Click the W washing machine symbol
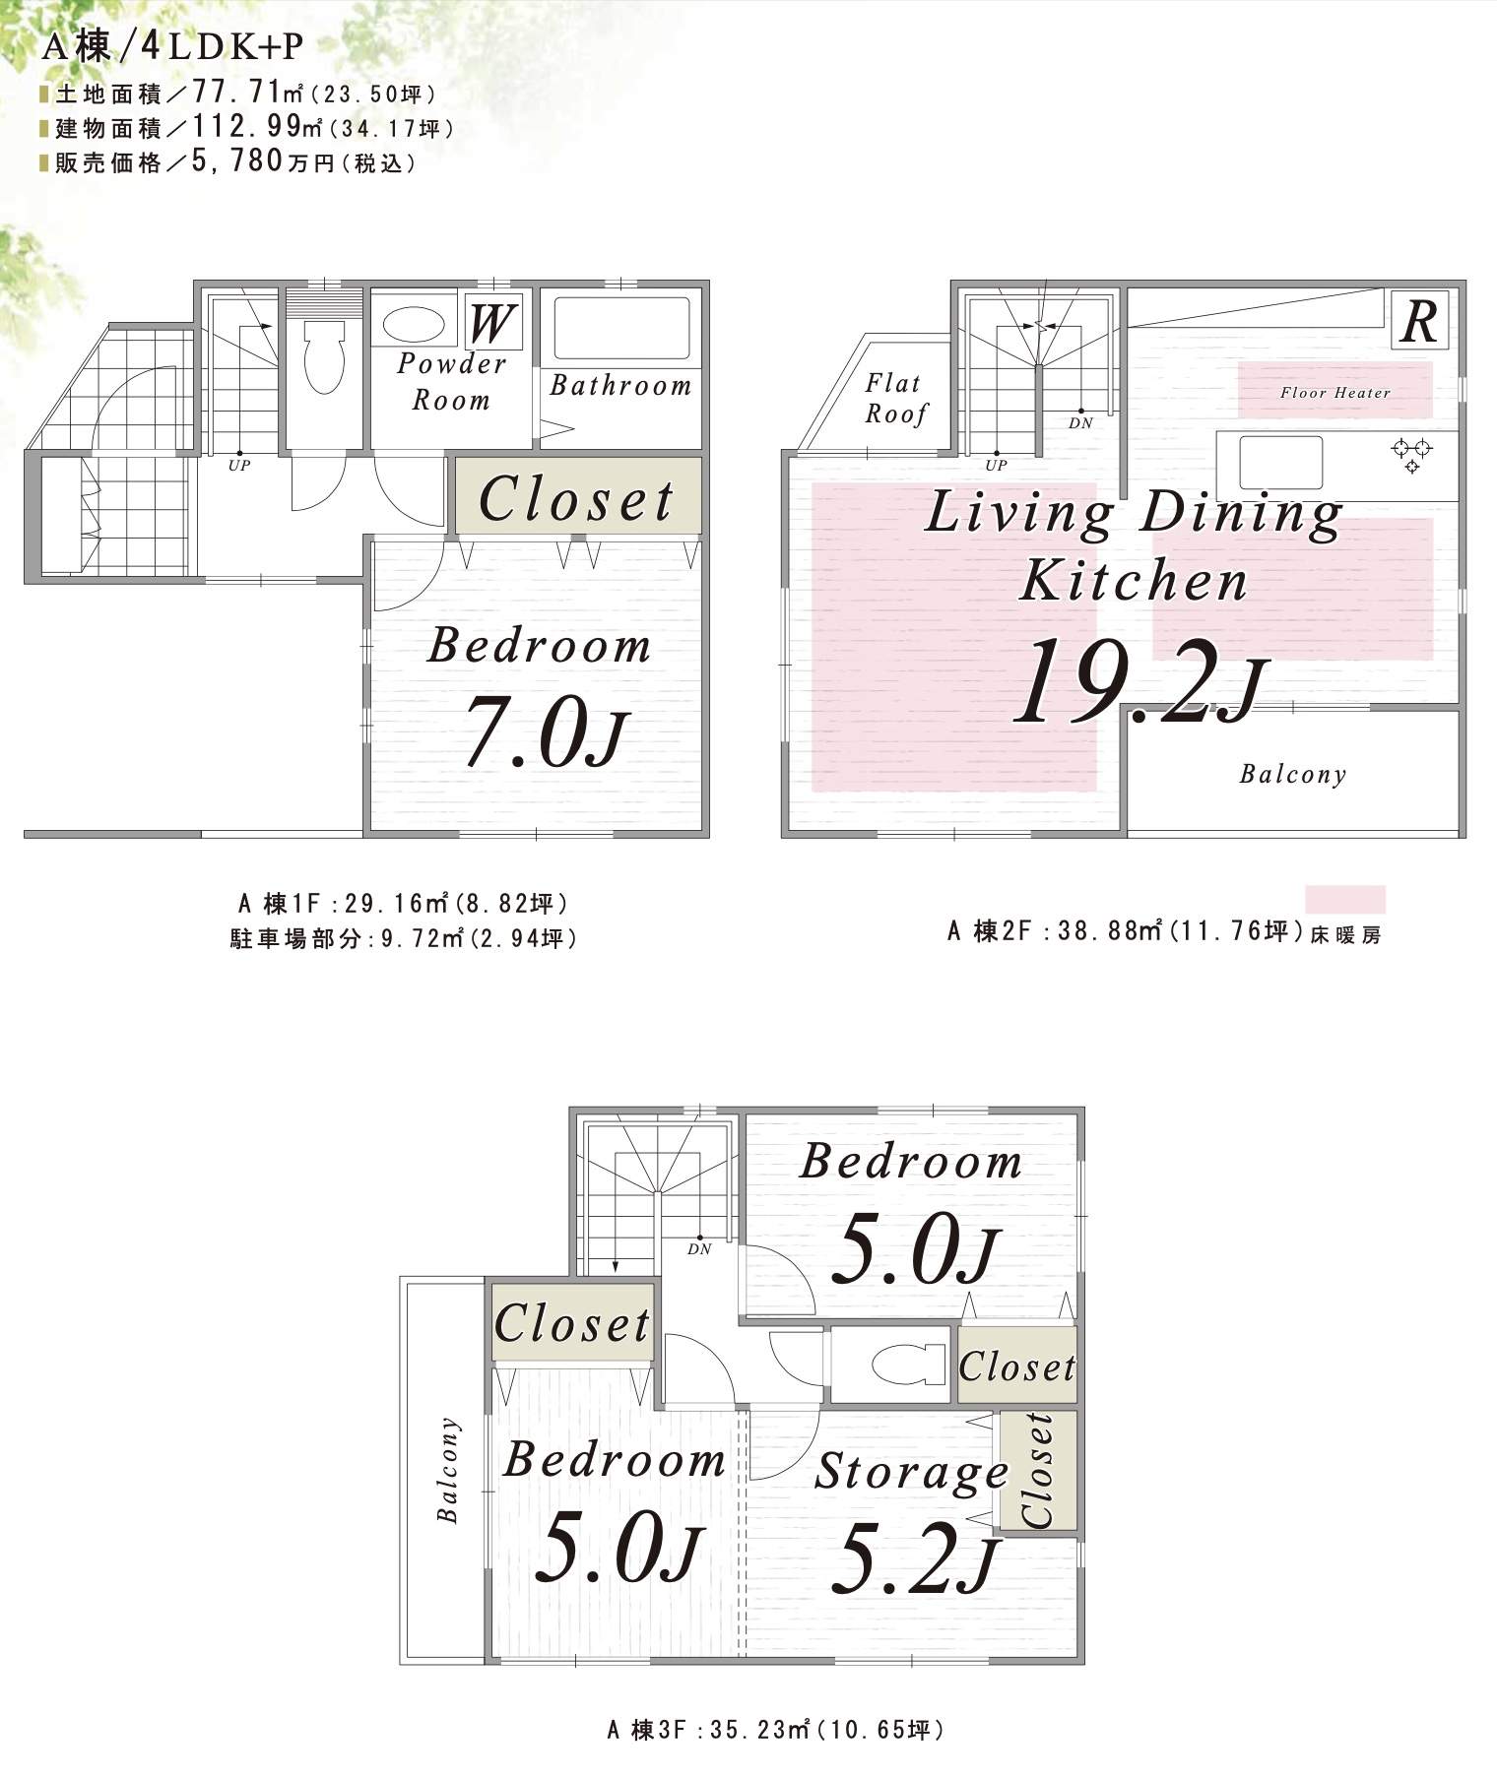click(x=490, y=320)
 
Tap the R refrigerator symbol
click(x=1419, y=319)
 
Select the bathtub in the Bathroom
click(x=620, y=328)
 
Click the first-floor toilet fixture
click(x=324, y=354)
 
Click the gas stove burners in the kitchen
click(x=1411, y=455)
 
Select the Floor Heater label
click(x=1334, y=392)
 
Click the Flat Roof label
click(x=895, y=398)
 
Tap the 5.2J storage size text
click(x=916, y=1557)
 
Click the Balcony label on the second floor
click(x=1292, y=774)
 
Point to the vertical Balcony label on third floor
click(x=448, y=1470)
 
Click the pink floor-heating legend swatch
click(x=1345, y=899)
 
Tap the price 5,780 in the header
click(x=237, y=161)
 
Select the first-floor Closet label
click(x=577, y=498)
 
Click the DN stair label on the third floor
click(x=699, y=1249)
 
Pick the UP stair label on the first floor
click(x=239, y=466)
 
